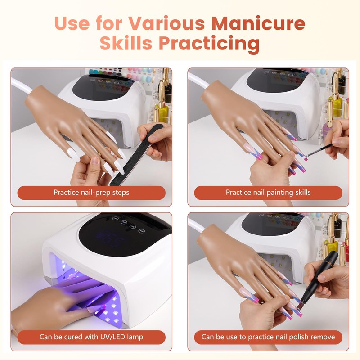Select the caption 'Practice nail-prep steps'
(x=91, y=193)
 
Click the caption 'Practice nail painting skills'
(x=268, y=193)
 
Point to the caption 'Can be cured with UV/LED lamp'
(x=91, y=337)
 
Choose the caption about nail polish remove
(x=268, y=337)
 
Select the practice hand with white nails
(x=76, y=121)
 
